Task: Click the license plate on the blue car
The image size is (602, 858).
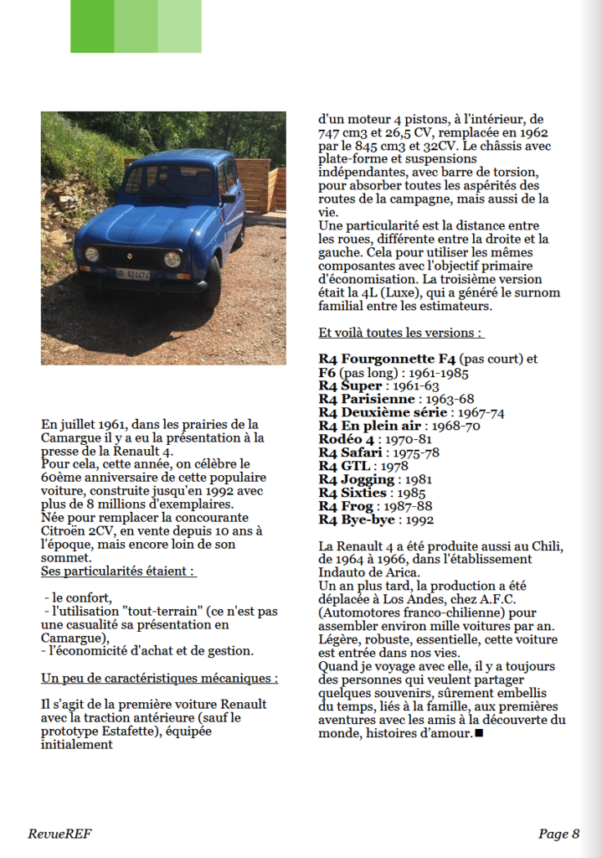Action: [132, 273]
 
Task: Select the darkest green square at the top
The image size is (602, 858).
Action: [92, 26]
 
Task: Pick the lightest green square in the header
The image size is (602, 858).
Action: [179, 26]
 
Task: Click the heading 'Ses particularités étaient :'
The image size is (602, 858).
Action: [119, 571]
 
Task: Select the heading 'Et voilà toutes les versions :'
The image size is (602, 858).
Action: [401, 332]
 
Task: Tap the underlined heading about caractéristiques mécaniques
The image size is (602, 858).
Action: [159, 677]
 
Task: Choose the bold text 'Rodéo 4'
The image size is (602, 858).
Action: [347, 439]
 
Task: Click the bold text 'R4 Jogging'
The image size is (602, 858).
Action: [357, 479]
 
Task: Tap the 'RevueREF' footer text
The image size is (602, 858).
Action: [59, 834]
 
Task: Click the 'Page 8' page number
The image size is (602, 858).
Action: [558, 834]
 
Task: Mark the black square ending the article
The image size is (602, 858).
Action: [479, 735]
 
